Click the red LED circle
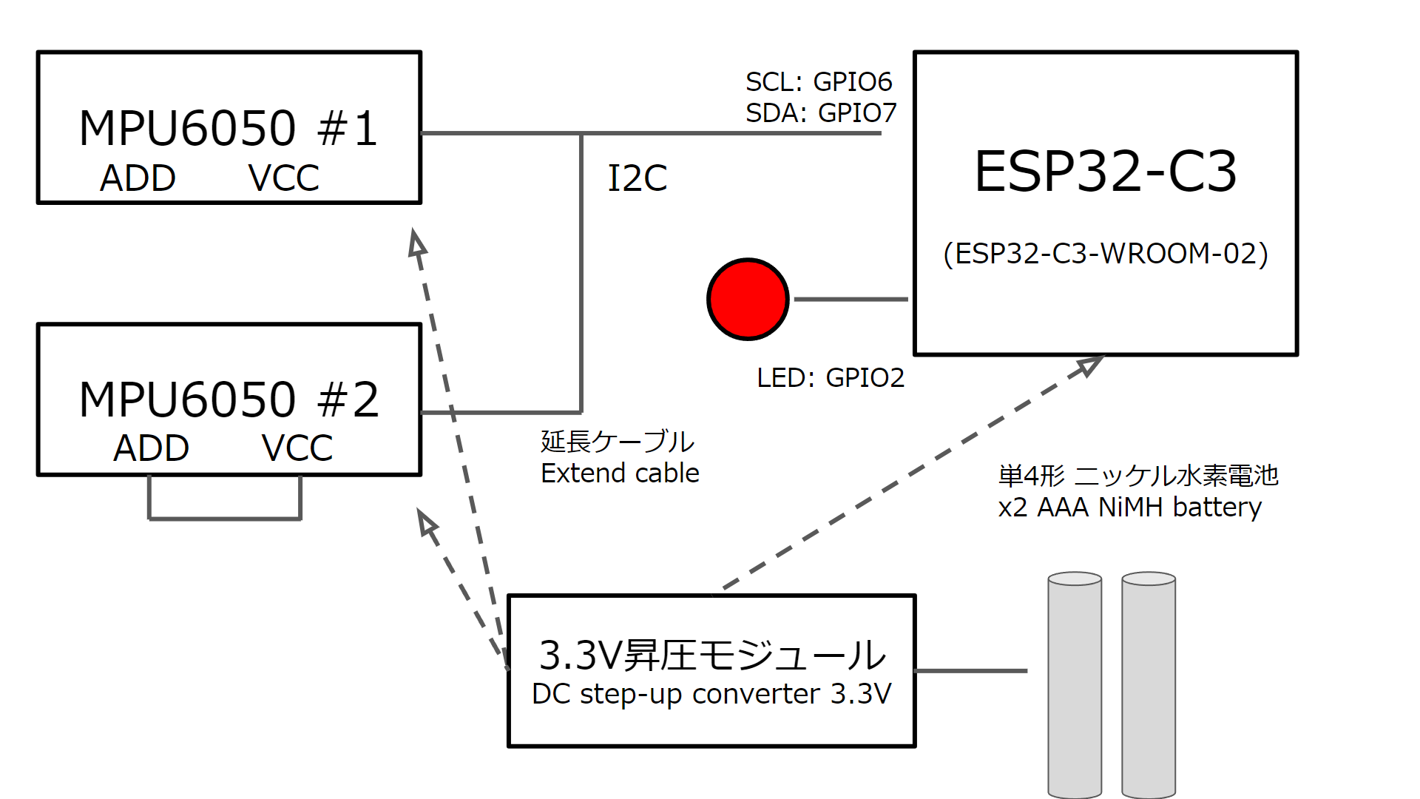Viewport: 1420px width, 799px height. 748,299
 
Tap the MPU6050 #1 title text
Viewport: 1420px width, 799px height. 228,128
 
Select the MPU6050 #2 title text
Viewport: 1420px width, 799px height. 229,399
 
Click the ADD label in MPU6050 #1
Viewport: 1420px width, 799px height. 138,178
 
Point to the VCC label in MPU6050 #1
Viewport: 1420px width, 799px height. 283,178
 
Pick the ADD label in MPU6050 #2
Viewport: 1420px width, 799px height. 151,448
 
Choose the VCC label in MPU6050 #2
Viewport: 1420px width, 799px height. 297,448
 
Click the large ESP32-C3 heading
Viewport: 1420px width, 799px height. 1105,172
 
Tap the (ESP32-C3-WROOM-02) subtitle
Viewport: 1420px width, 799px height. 1105,254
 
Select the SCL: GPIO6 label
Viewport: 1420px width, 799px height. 818,81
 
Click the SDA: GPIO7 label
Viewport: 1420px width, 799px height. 820,112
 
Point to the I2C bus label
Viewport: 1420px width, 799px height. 637,178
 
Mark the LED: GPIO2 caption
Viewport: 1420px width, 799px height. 830,378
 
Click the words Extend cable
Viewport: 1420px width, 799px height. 620,473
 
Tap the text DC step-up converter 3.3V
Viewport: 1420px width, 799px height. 711,694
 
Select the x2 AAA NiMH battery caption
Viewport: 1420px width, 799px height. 1129,508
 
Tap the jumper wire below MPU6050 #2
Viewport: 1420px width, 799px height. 225,519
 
